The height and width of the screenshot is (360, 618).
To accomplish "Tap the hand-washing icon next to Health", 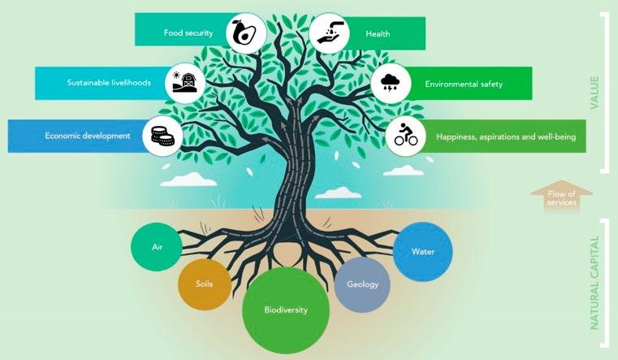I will [x=329, y=32].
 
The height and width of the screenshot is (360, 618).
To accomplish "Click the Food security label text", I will [x=188, y=33].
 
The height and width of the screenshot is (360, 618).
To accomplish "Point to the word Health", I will [x=378, y=33].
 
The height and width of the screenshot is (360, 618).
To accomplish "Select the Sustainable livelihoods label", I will [x=109, y=83].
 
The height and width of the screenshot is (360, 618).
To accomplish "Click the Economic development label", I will [x=89, y=136].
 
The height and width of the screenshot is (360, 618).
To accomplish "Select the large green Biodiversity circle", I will [x=286, y=310].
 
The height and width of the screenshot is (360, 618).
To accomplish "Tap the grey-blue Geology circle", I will [x=361, y=284].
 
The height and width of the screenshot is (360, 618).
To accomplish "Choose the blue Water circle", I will [x=423, y=251].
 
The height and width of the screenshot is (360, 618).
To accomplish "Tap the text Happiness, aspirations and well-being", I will [x=505, y=137].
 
